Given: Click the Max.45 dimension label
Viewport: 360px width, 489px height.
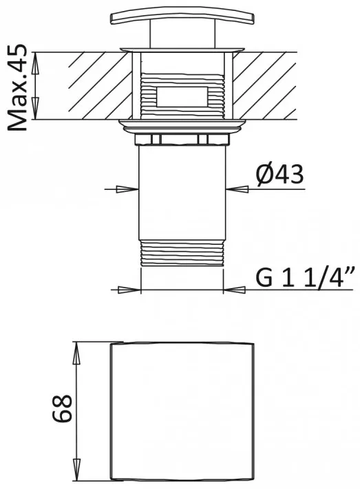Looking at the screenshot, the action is click(17, 87).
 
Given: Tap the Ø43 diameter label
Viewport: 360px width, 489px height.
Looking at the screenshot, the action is click(279, 174).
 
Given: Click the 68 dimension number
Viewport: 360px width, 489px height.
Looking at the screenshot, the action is click(63, 409).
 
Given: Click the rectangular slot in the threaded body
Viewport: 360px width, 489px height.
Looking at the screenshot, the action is click(182, 96).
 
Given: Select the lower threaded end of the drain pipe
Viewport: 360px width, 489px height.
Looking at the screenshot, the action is click(182, 253).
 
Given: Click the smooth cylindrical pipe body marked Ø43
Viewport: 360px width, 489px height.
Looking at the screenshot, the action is click(182, 193).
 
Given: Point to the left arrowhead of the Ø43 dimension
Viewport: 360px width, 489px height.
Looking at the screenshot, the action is click(127, 189).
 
